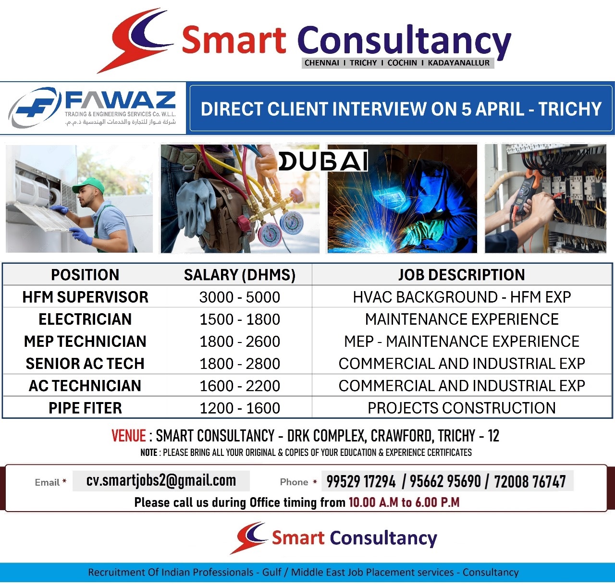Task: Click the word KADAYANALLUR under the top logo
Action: pyautogui.click(x=458, y=63)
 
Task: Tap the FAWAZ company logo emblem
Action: pyautogui.click(x=35, y=108)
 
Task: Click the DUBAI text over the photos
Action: pyautogui.click(x=323, y=161)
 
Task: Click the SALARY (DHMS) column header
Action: pyautogui.click(x=240, y=275)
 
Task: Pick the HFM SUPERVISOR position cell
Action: pyautogui.click(x=85, y=297)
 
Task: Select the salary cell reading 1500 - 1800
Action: pyautogui.click(x=240, y=319)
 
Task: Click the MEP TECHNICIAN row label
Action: pyautogui.click(x=85, y=342)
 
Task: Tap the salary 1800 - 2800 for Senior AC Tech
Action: pyautogui.click(x=240, y=364)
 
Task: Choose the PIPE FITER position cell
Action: pyautogui.click(x=85, y=408)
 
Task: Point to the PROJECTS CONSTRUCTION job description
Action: pyautogui.click(x=462, y=408)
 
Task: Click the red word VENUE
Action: pyautogui.click(x=129, y=436)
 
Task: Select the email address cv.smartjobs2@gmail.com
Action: pyautogui.click(x=161, y=481)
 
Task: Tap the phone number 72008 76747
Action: pyautogui.click(x=530, y=481)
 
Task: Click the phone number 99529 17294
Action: pyautogui.click(x=361, y=481)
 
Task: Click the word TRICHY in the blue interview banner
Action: pyautogui.click(x=570, y=109)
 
